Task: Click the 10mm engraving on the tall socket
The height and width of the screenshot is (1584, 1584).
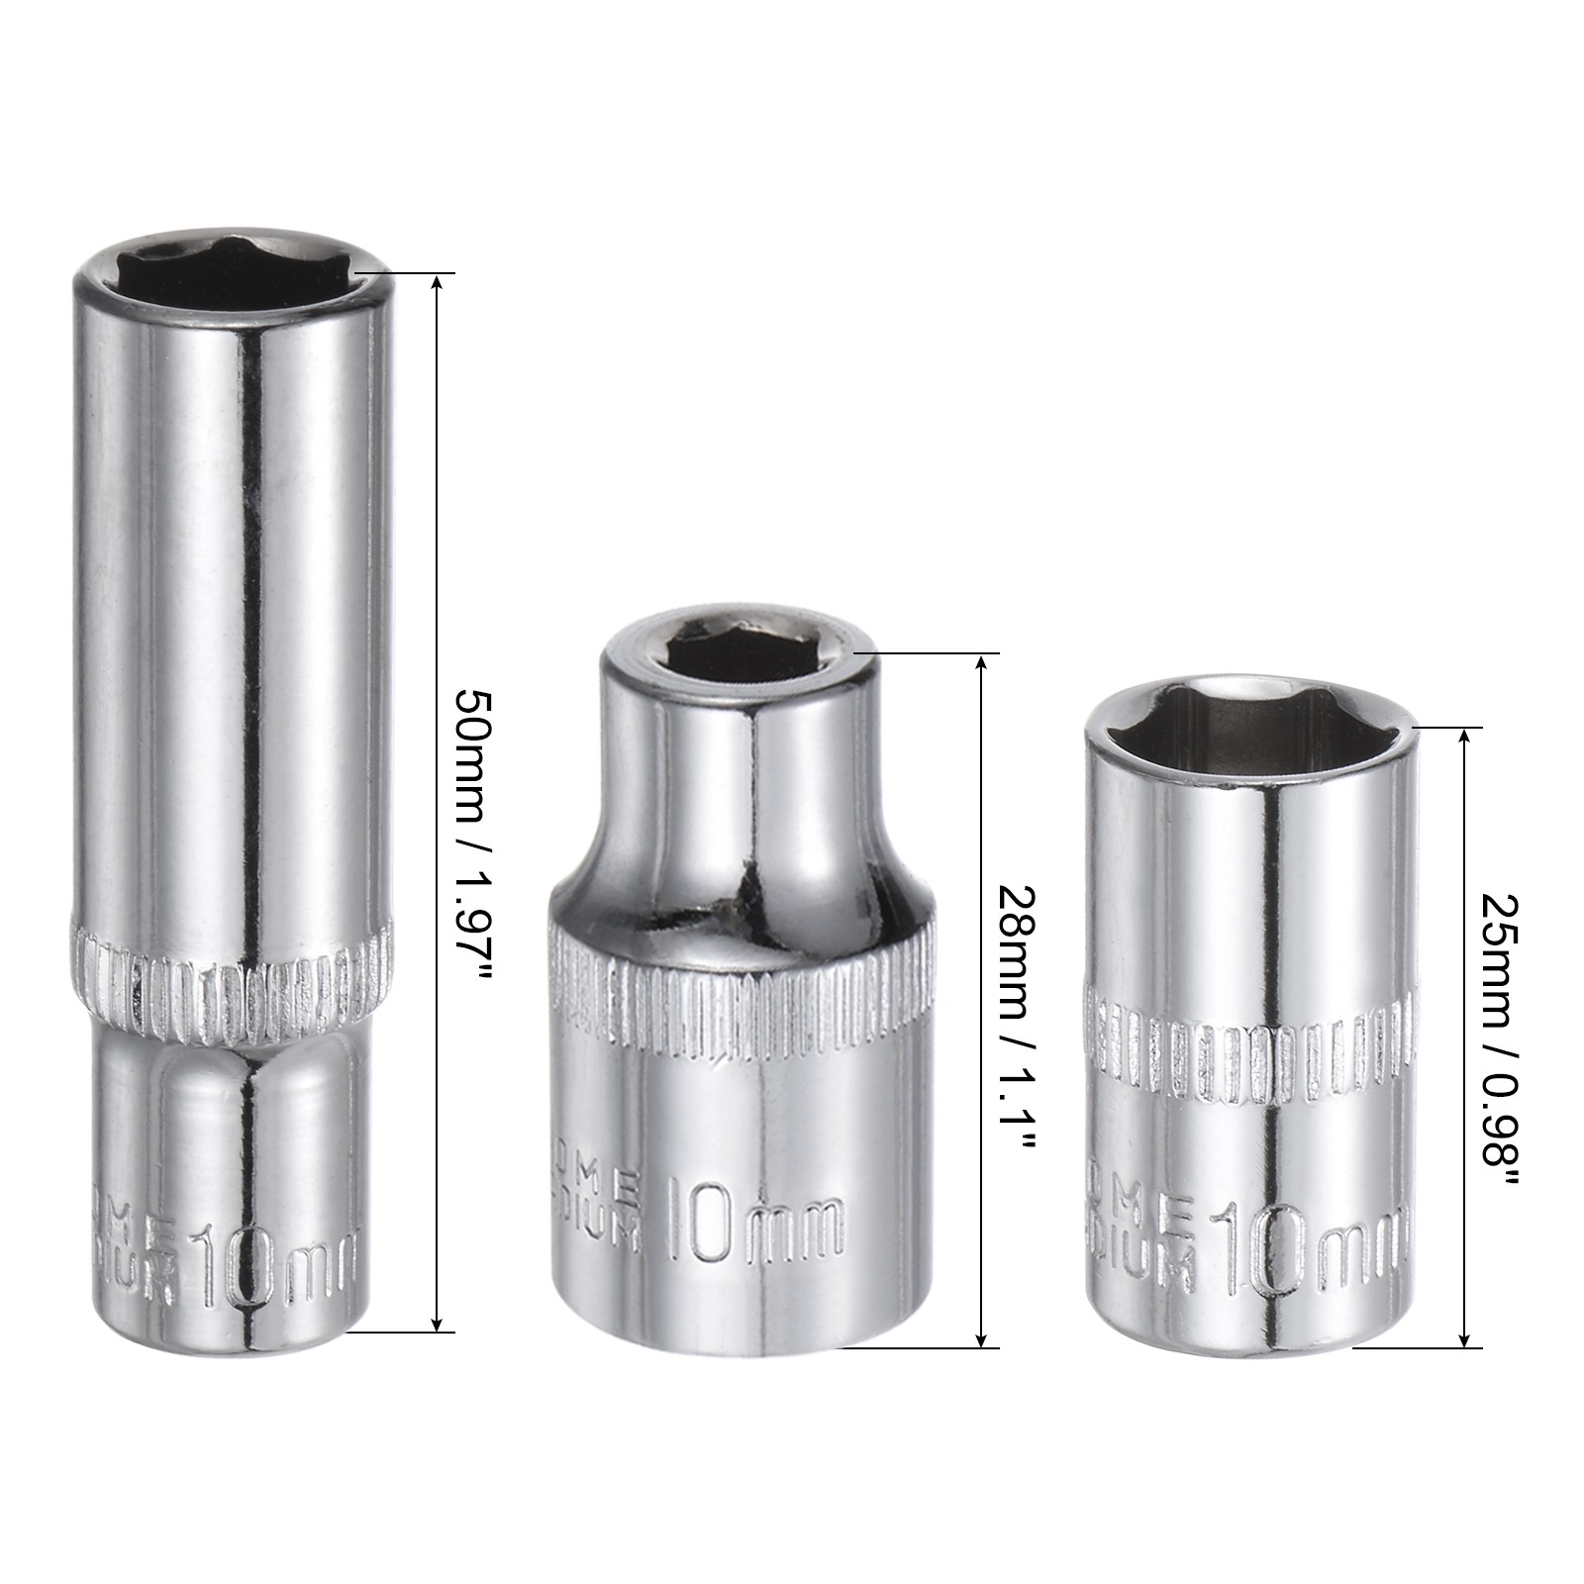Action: tap(272, 1266)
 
